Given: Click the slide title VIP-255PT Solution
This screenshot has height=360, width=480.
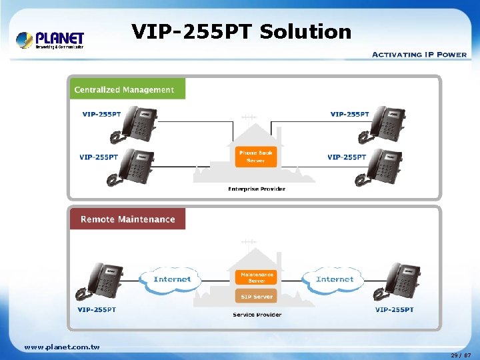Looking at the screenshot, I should click(x=241, y=31).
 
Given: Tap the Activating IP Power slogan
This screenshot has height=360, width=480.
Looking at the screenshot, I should click(x=419, y=55).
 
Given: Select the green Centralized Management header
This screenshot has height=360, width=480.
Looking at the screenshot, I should click(x=125, y=89).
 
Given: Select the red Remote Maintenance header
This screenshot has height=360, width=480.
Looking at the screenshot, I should click(x=127, y=219).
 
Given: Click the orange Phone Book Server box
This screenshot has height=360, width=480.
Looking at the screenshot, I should click(x=256, y=157).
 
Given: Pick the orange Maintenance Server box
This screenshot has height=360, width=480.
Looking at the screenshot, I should click(x=257, y=277).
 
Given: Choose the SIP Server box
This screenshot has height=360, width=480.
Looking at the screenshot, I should click(x=257, y=297).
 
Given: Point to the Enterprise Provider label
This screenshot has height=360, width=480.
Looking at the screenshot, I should click(x=257, y=189).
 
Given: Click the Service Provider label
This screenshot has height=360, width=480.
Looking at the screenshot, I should click(x=257, y=314).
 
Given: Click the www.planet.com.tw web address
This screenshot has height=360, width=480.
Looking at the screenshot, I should click(x=62, y=347).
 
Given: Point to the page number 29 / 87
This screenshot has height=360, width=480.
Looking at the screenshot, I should click(x=461, y=355).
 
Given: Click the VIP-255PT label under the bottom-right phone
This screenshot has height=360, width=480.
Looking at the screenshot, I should click(x=394, y=309).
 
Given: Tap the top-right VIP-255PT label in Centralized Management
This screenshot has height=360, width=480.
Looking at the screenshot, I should click(x=349, y=114).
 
